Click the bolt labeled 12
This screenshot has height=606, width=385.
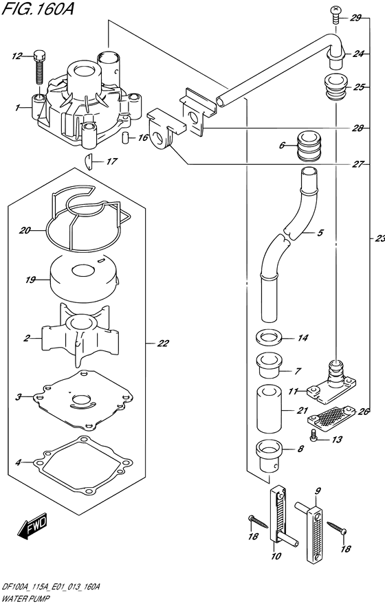tap(40, 67)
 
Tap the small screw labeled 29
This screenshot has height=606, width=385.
tap(335, 14)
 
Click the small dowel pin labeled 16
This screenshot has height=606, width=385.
tap(126, 138)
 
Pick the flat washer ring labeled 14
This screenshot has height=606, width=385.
tap(269, 337)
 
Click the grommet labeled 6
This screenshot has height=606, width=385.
tap(309, 146)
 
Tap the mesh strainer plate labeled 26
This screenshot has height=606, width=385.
tap(331, 418)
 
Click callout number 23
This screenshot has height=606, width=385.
tap(380, 239)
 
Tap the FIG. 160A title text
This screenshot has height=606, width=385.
tap(38, 8)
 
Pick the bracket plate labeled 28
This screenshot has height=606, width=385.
tap(197, 114)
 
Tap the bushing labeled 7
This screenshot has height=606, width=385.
tap(269, 366)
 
